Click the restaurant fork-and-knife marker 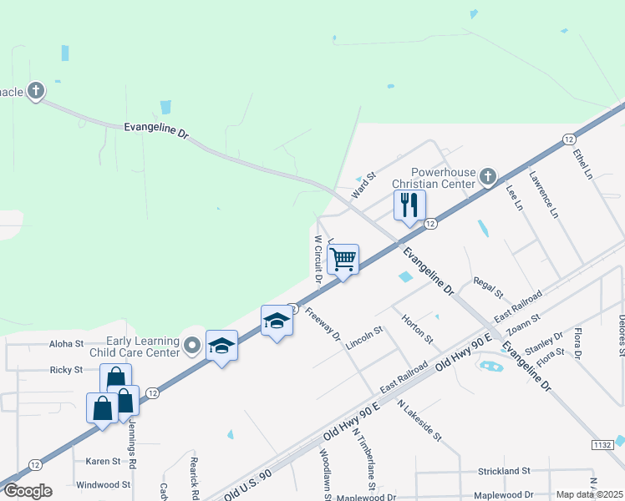click(409, 205)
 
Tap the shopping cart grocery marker click(343, 260)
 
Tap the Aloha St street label click(67, 343)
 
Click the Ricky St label click(67, 369)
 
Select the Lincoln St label click(363, 337)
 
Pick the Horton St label click(417, 329)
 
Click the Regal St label click(489, 288)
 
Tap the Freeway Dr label click(323, 324)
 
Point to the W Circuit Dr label click(318, 260)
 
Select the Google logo click(27, 491)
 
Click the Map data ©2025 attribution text click(589, 494)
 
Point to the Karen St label click(104, 460)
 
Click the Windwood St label click(103, 484)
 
